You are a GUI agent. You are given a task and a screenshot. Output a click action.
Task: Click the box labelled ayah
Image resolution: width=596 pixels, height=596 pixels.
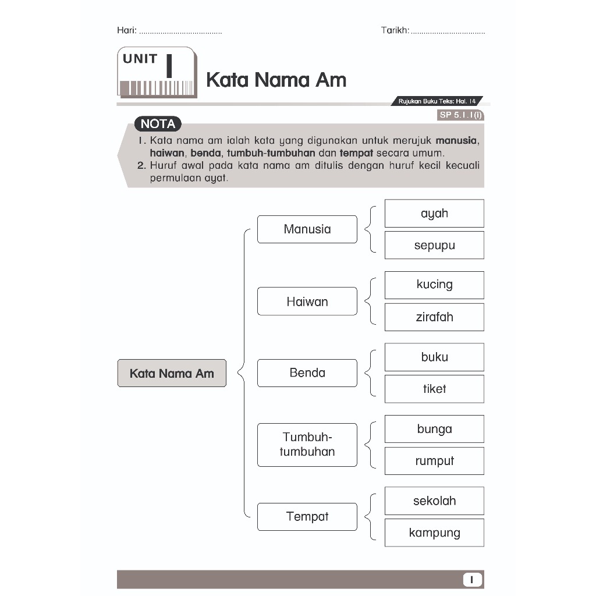pos(434,214)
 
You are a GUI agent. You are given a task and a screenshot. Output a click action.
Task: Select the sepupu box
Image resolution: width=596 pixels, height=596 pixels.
pos(434,245)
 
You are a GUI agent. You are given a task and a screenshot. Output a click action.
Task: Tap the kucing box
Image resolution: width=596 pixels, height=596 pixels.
pos(434,285)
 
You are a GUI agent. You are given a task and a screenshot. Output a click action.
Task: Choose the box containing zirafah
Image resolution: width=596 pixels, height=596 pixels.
pos(434,317)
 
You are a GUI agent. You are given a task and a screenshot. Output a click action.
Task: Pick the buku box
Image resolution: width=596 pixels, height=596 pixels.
pos(434,357)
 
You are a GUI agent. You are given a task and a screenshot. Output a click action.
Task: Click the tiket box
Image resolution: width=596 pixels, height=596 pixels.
pos(434,389)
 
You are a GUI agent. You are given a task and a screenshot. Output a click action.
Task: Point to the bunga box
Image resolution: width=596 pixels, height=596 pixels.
pos(434,429)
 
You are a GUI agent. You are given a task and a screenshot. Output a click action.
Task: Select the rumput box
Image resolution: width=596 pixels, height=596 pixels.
pos(434,461)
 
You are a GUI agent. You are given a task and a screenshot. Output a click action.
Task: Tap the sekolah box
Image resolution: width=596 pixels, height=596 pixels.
pos(434,501)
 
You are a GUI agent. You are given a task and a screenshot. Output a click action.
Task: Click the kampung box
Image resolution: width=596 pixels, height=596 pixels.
pos(434,533)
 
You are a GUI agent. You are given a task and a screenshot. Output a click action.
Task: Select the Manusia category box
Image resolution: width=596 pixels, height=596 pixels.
pos(307,229)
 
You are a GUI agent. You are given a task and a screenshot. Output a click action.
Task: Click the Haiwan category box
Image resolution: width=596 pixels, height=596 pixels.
pos(307,301)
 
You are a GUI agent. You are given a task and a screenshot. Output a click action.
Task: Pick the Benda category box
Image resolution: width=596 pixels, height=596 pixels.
pos(307,373)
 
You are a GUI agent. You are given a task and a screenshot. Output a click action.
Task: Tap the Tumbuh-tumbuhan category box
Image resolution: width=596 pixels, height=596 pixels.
pos(307,445)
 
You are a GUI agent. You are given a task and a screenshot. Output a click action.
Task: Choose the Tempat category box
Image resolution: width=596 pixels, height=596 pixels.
pos(307,517)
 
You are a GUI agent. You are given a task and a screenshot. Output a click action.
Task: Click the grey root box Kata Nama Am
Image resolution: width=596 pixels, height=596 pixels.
pos(172,373)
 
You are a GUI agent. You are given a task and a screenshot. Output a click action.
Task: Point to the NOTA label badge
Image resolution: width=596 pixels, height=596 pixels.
pos(158,124)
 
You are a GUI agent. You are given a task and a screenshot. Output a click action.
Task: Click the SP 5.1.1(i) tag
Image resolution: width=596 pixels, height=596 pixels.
pos(460,115)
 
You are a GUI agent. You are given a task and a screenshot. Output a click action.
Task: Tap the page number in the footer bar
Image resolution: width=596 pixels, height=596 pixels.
pos(473,580)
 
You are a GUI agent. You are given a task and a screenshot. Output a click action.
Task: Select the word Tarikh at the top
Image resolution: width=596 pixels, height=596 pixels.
pos(395,30)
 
